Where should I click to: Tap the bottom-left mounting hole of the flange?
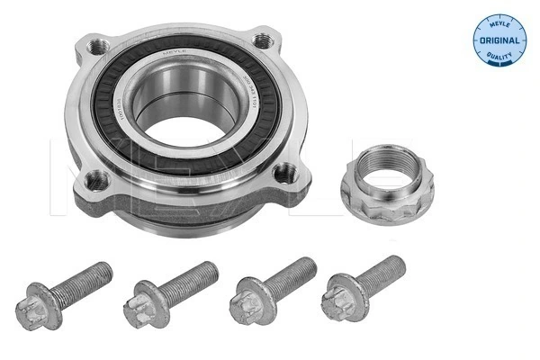98,179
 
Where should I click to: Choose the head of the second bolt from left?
145,300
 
